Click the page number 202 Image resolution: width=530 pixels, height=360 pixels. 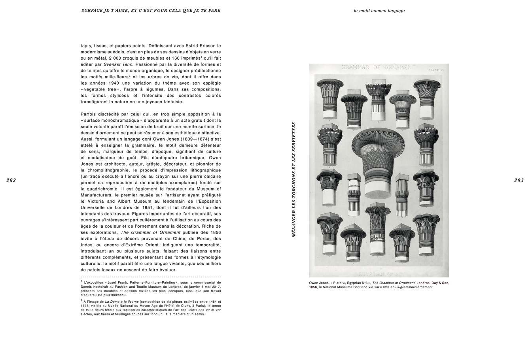[x=11, y=180]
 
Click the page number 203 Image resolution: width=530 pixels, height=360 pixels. [x=519, y=180]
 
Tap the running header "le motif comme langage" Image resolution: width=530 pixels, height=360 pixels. [x=379, y=11]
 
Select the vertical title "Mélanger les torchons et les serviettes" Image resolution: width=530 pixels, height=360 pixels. [x=294, y=179]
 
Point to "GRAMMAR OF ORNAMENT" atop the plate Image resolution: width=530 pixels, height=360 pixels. [x=379, y=67]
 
